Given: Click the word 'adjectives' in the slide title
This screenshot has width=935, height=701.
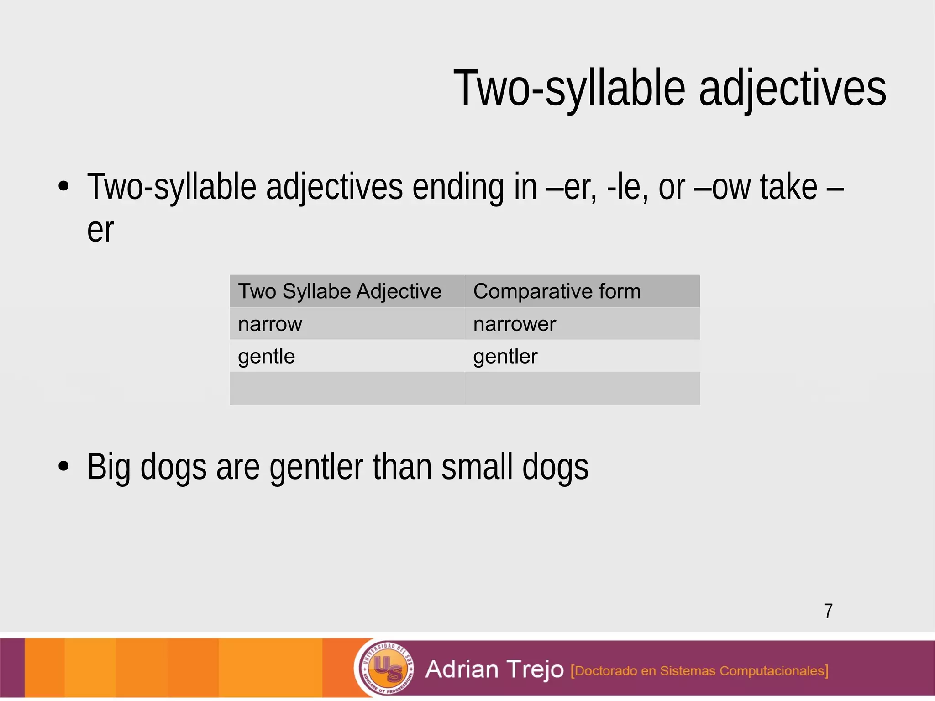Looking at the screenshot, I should (792, 88).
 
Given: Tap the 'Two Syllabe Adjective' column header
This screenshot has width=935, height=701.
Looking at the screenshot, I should (340, 291).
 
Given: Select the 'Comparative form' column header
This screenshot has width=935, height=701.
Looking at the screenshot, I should (557, 291).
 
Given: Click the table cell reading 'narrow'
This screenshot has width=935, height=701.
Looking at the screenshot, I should (270, 324).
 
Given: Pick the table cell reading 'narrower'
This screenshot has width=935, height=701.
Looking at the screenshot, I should (515, 324).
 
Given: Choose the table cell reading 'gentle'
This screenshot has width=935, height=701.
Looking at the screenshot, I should (267, 357).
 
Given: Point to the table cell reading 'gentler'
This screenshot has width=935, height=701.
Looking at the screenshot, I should (505, 357).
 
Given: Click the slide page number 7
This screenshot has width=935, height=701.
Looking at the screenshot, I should (828, 611).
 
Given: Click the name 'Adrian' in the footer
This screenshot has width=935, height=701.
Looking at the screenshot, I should (462, 669).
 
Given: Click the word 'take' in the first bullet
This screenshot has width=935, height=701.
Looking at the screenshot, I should (788, 187).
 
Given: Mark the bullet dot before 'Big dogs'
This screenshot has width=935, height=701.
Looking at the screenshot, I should (64, 467).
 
